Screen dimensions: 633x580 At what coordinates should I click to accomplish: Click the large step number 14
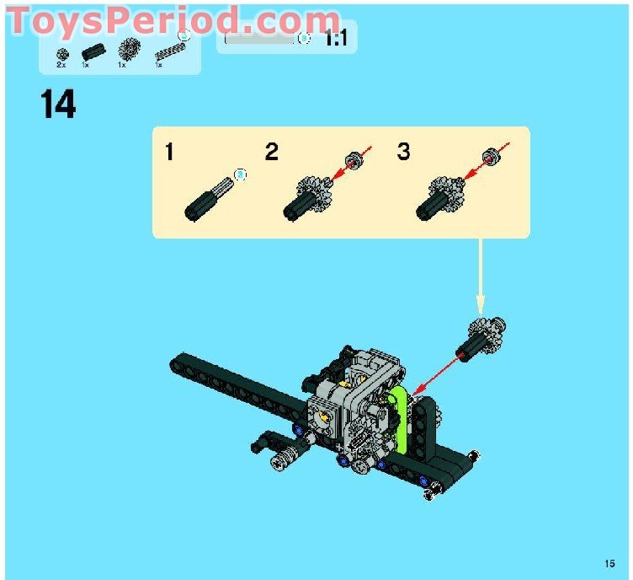point(58,104)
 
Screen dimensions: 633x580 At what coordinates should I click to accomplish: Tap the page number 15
point(609,563)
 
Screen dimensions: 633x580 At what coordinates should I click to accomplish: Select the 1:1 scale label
point(336,40)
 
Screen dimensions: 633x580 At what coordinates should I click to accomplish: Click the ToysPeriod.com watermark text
point(173,20)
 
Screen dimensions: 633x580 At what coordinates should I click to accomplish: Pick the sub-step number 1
point(169,152)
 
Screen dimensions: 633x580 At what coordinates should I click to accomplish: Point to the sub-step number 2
point(272,152)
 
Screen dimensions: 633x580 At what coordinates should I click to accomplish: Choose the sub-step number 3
point(404,152)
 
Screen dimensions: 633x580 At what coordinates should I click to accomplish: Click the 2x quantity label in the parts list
point(61,65)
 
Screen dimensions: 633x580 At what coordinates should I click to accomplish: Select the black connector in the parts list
point(93,51)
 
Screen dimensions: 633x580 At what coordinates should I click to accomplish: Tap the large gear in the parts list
point(129,49)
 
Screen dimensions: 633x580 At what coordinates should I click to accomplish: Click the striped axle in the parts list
point(170,51)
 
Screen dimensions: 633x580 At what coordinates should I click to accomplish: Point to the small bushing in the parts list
point(62,54)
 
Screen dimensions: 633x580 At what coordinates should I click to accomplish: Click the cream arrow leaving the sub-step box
point(480,277)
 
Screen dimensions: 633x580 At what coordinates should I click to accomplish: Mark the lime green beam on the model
point(398,418)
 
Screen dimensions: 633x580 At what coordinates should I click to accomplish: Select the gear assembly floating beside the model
point(481,339)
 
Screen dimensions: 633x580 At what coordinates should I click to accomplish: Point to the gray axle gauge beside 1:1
point(259,40)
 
